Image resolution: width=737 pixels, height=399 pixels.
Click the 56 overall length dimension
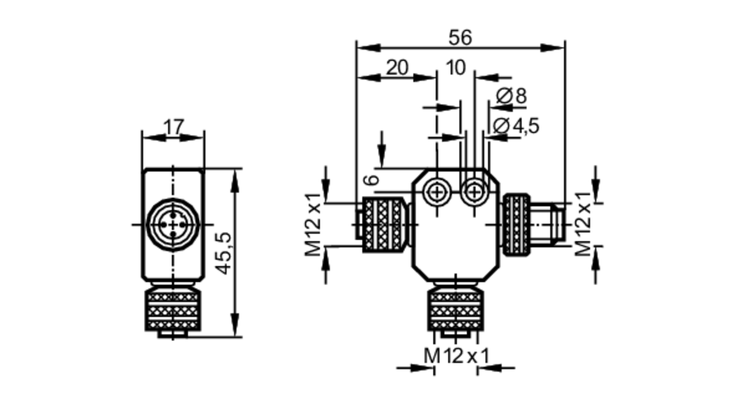460,38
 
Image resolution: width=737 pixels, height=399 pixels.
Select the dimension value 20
397,68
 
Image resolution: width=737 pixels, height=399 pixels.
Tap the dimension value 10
456,68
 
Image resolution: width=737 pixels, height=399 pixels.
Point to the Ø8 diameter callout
511,96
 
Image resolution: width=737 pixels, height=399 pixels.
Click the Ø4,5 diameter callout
516,126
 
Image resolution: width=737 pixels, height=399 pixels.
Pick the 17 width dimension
173,127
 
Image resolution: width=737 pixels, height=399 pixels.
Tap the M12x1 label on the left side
313,225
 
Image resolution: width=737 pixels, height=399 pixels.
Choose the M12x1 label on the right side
583,225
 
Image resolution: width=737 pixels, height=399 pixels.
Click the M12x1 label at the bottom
456,356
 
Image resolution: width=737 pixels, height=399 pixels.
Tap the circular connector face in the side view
173,225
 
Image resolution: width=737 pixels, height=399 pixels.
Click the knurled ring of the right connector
517,225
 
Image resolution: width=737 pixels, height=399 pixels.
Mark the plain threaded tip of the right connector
547,225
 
